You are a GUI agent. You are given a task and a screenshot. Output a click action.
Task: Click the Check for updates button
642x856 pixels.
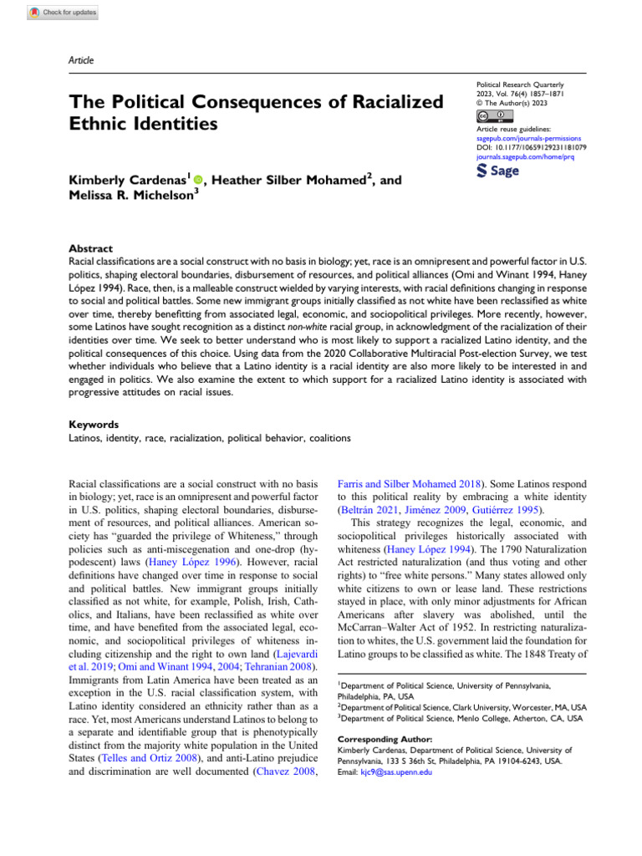click(64, 13)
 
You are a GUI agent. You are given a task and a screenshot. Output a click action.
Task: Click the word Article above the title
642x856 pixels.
click(82, 61)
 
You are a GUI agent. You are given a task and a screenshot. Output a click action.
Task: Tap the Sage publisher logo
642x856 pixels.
click(497, 171)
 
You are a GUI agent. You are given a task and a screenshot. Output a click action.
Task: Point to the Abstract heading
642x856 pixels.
click(90, 249)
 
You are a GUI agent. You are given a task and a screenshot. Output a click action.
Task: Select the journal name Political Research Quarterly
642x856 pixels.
click(519, 86)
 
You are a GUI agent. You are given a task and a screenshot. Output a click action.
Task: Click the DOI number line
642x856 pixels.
click(531, 146)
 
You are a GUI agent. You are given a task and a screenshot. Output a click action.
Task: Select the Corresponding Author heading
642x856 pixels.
click(385, 739)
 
